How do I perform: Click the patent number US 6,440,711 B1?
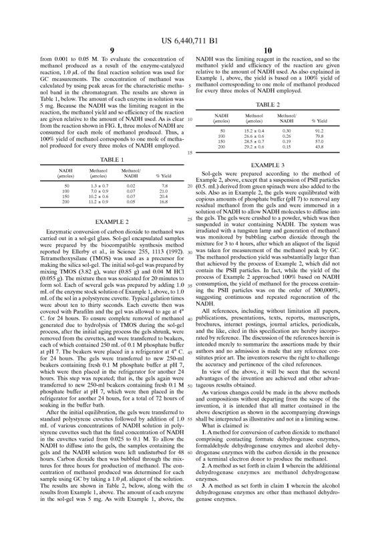[x=186, y=24]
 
